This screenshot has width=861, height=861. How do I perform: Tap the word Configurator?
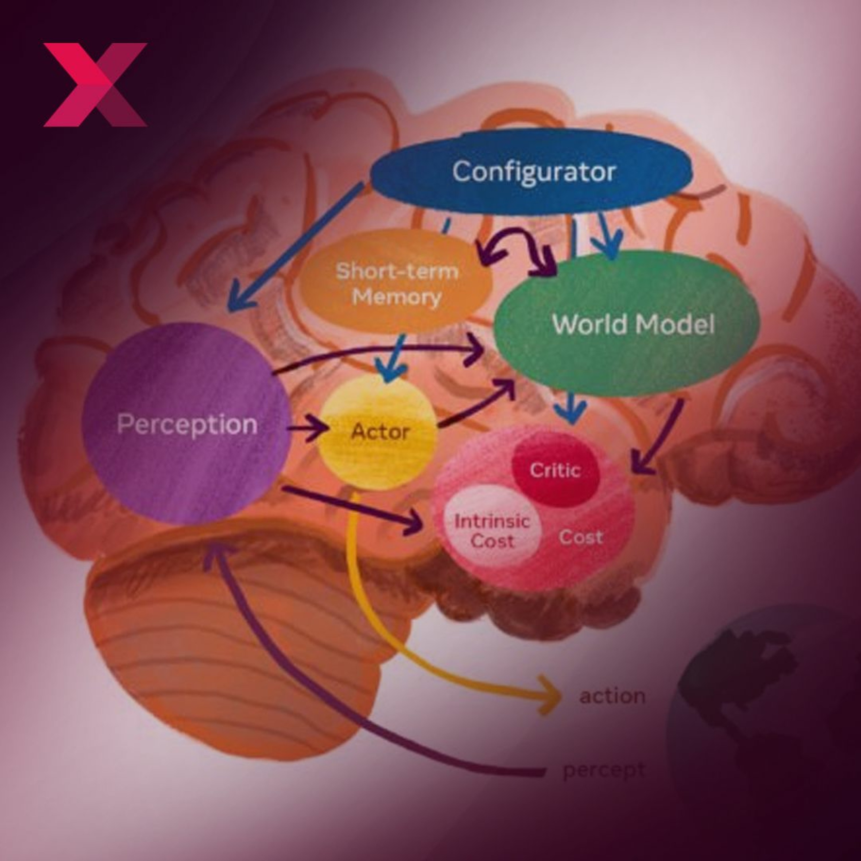point(534,172)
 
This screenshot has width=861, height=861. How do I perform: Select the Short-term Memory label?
point(397,284)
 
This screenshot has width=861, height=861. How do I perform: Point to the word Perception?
point(187,424)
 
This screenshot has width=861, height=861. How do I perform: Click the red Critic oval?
point(555,470)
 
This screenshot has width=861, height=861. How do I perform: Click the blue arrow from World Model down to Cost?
point(573,408)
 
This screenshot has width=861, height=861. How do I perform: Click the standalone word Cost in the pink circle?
point(580,537)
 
